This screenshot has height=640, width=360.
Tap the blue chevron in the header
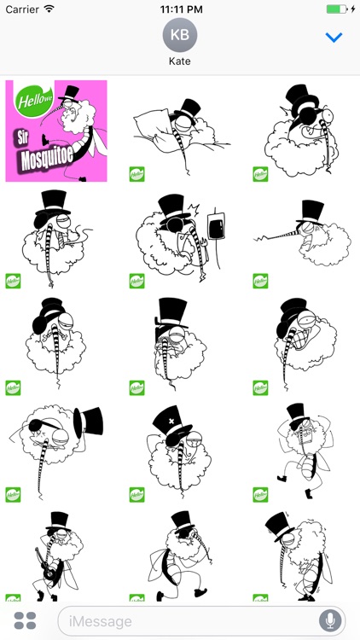point(334,38)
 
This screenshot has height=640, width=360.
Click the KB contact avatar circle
point(179,35)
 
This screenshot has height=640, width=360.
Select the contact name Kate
point(179,62)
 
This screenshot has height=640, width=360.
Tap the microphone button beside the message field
point(329,620)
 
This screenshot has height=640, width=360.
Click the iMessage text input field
point(188,620)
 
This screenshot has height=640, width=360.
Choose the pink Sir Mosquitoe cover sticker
point(56,131)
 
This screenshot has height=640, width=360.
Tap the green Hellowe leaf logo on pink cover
point(32,96)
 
